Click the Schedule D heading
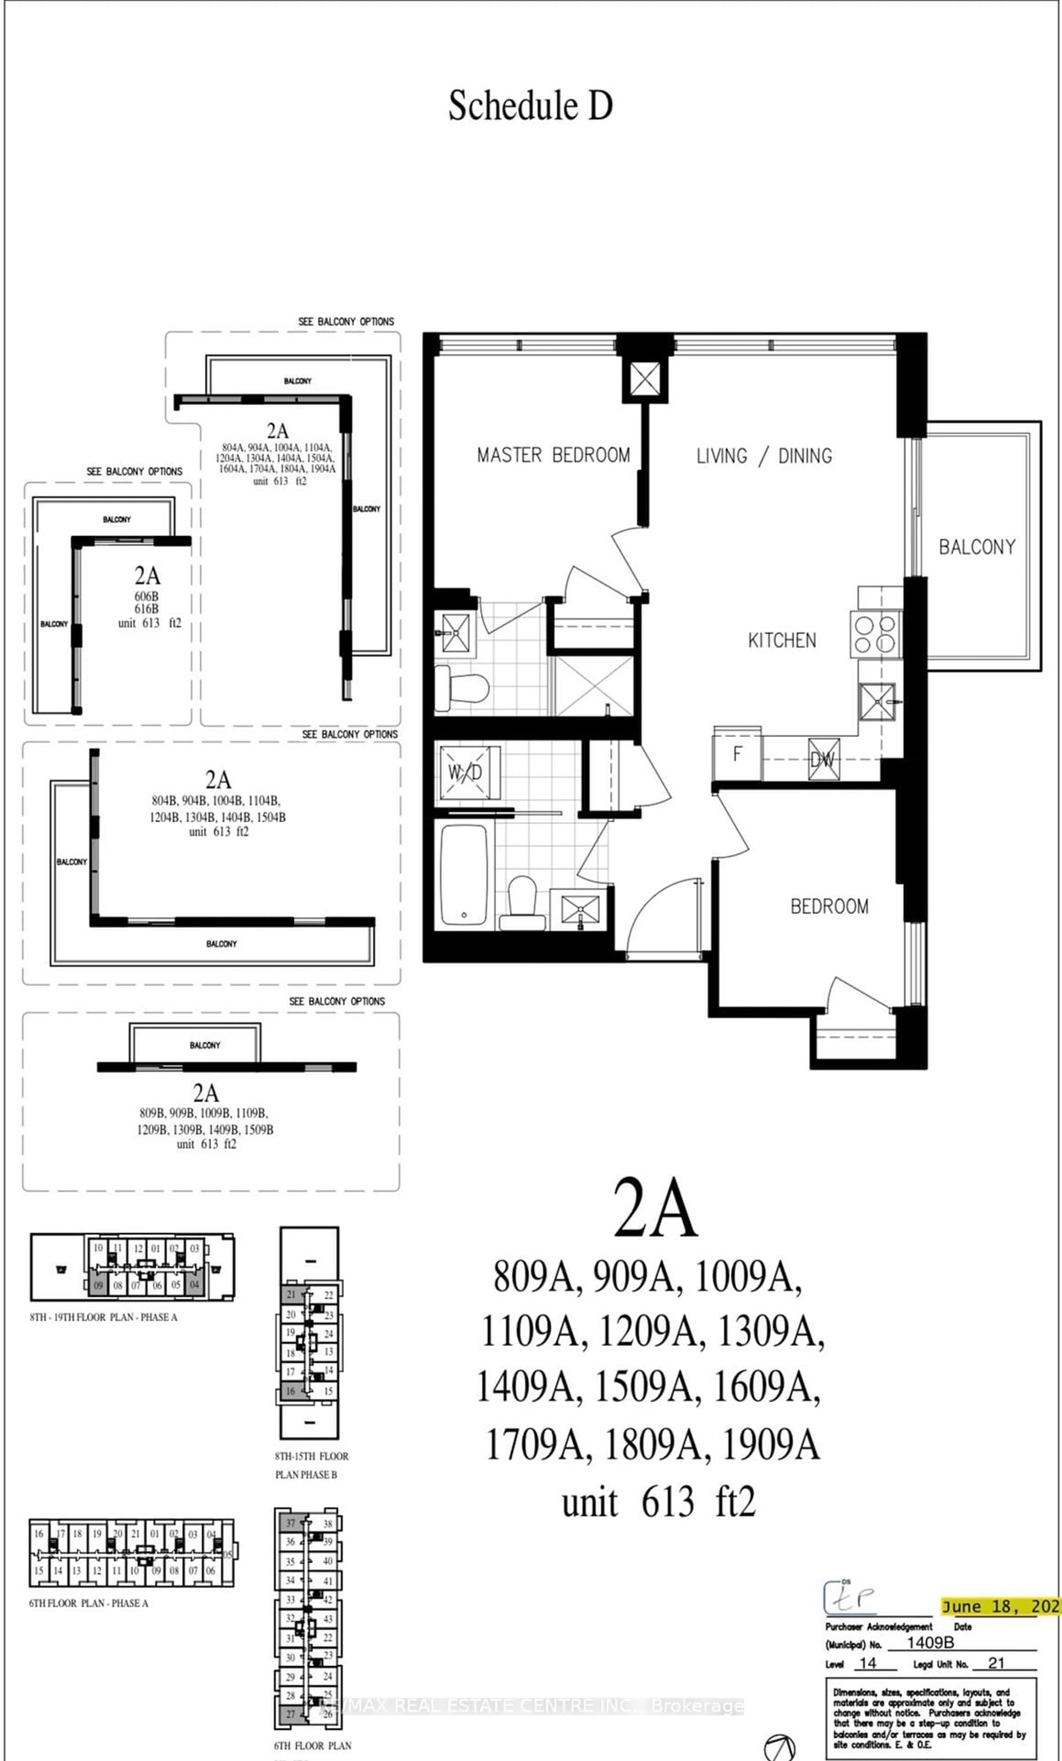tap(530, 106)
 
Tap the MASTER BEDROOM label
tap(553, 455)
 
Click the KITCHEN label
tap(782, 640)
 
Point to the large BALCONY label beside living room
tap(976, 547)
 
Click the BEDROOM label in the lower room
tap(829, 906)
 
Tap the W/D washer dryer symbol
tap(465, 772)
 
